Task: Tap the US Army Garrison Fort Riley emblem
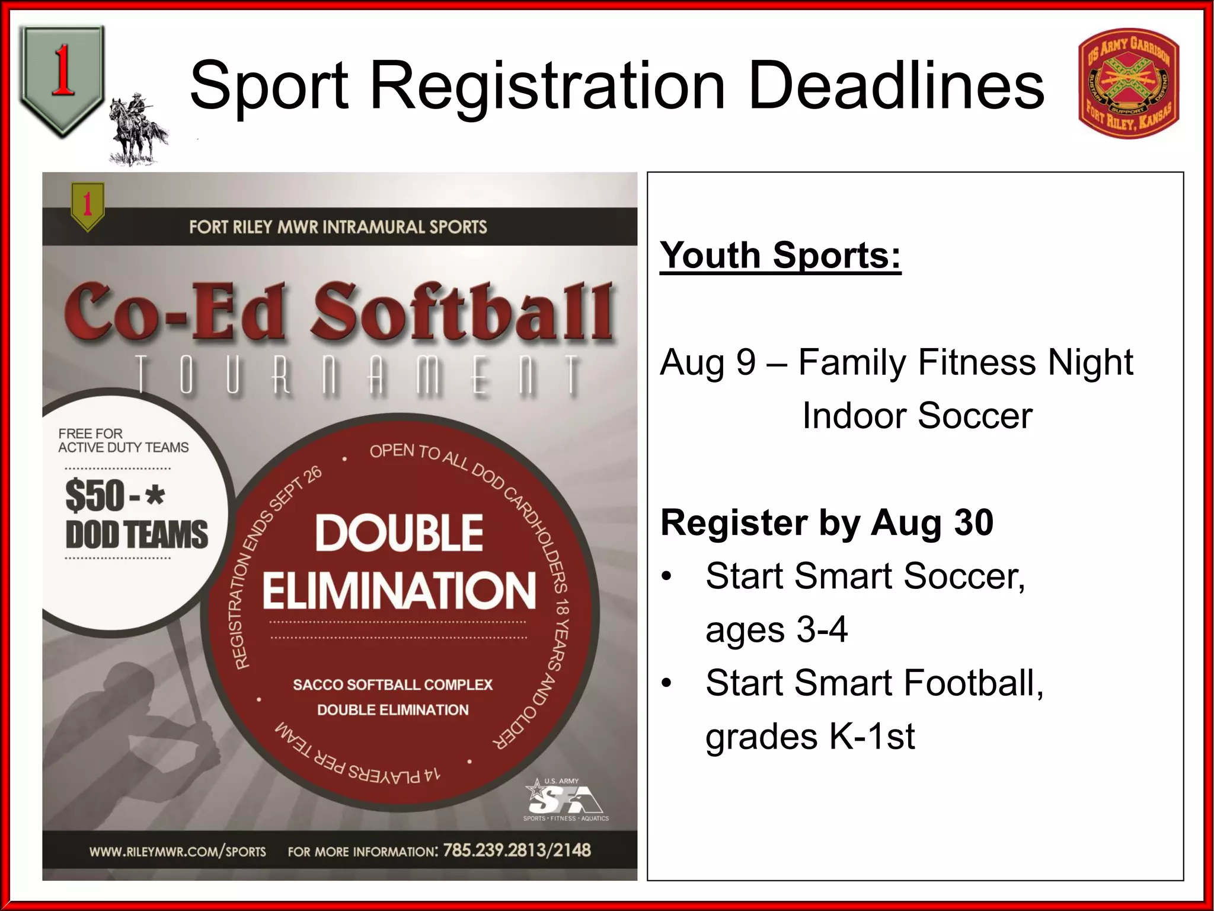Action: click(x=1129, y=83)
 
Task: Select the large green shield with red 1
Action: click(x=61, y=80)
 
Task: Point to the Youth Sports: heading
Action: click(x=780, y=256)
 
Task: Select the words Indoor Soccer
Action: click(x=916, y=416)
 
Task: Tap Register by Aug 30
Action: click(x=826, y=523)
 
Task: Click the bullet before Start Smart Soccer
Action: click(x=667, y=577)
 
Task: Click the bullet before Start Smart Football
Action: click(x=667, y=684)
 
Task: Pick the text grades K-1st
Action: click(x=810, y=737)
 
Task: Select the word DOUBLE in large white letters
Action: click(x=399, y=533)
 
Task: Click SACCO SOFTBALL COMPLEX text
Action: click(x=392, y=685)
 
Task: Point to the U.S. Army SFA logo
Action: click(x=564, y=800)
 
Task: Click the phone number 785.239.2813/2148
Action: click(x=516, y=851)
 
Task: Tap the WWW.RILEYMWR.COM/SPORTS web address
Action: click(x=177, y=852)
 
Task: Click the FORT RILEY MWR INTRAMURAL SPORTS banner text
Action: click(x=338, y=227)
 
